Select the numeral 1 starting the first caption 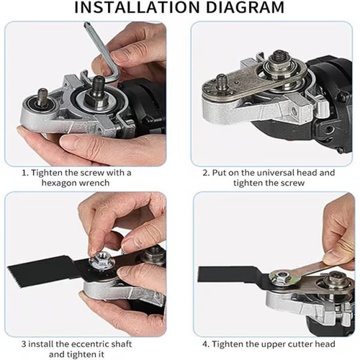click(x=24, y=172)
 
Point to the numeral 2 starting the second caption click(x=204, y=172)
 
